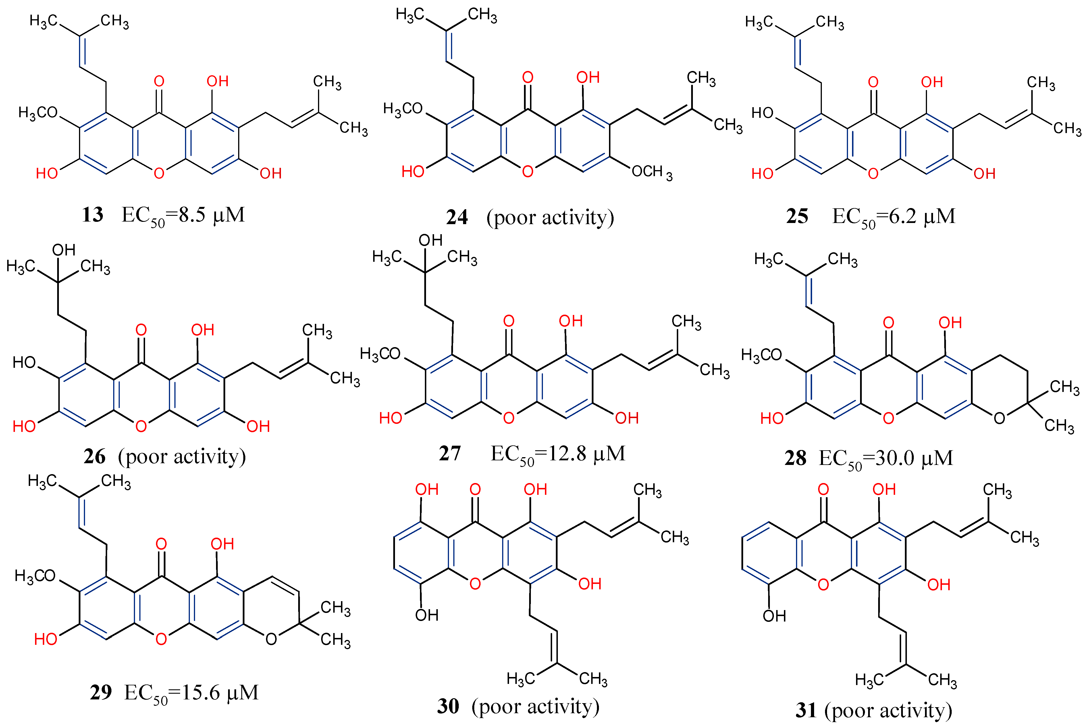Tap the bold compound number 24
tap(456, 218)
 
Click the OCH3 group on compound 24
tap(651, 172)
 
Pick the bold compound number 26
tap(95, 457)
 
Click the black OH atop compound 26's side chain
tap(63, 250)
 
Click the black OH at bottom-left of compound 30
tap(427, 615)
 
